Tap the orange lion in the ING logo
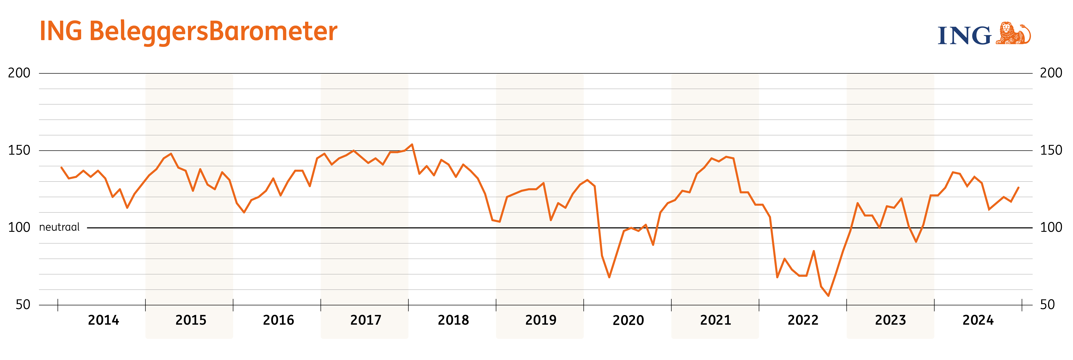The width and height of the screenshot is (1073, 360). [1013, 33]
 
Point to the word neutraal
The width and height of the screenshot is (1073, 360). [59, 227]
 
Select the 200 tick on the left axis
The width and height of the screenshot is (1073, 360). [19, 73]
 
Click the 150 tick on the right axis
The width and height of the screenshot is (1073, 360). [1051, 150]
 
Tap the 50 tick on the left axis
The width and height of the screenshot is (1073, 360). [23, 305]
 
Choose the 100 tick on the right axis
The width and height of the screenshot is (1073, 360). [1051, 228]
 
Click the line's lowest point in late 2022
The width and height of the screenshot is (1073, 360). [829, 296]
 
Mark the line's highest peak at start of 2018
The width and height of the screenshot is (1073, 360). [412, 145]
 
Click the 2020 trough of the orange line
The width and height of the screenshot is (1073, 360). [609, 277]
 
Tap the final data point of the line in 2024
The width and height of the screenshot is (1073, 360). [1018, 188]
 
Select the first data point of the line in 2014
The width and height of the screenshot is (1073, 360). [61, 168]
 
